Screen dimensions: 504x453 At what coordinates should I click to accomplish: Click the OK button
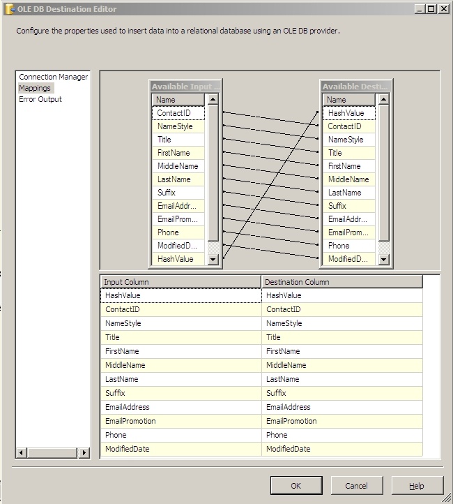point(296,486)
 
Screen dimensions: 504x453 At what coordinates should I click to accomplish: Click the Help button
point(417,486)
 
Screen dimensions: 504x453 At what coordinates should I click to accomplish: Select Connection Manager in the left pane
point(53,77)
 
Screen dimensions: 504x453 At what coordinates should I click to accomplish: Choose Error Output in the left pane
point(40,99)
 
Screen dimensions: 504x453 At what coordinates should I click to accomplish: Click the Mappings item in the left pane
point(35,88)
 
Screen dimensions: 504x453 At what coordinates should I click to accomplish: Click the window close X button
point(443,9)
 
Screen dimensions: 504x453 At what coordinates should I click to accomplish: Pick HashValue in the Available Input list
point(175,259)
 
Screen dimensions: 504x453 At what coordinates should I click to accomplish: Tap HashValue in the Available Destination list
point(346,113)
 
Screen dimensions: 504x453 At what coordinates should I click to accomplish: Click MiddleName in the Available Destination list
point(348,179)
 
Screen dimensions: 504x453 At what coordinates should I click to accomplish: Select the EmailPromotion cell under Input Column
point(130,421)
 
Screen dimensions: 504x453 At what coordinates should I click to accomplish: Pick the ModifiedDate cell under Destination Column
point(288,449)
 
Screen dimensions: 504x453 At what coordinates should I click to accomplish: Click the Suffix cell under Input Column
point(116,393)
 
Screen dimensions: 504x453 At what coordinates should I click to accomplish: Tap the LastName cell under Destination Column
point(283,379)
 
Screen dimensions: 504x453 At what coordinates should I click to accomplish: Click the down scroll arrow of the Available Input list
point(213,259)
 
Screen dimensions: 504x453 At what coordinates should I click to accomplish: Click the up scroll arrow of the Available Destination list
point(383,100)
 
